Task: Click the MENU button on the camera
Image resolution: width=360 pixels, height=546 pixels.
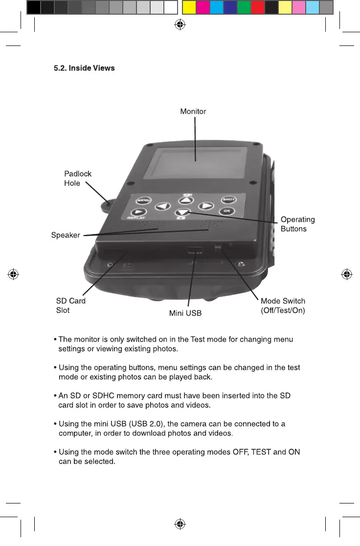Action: [x=143, y=200]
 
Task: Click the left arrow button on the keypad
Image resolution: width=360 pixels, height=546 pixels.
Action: [x=163, y=206]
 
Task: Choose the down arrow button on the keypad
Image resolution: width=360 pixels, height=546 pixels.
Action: [x=182, y=213]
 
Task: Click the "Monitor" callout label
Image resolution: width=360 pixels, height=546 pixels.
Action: [x=193, y=111]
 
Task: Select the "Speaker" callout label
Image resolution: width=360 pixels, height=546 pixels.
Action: [x=66, y=236]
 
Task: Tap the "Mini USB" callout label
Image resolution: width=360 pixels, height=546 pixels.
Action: [x=185, y=313]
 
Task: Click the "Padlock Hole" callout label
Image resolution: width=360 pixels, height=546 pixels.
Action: [x=77, y=178]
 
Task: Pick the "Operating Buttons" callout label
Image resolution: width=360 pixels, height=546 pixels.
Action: [x=297, y=224]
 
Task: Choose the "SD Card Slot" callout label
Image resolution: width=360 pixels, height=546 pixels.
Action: [x=70, y=306]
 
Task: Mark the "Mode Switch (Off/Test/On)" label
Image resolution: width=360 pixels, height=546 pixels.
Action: [x=283, y=306]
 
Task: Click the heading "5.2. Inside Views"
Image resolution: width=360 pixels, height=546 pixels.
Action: [x=84, y=68]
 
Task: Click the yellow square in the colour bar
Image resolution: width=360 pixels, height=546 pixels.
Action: [x=189, y=7]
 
